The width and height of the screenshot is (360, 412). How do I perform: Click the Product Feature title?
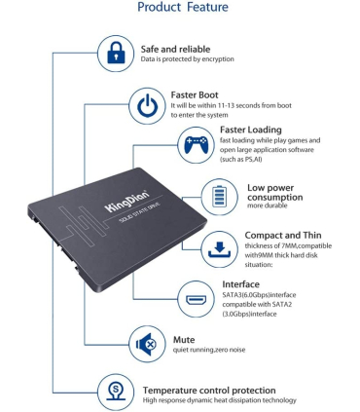[183, 8]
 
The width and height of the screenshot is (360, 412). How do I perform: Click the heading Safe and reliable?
[175, 48]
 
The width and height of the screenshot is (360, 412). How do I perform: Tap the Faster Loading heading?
[251, 130]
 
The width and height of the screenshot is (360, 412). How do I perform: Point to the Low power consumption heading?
[275, 192]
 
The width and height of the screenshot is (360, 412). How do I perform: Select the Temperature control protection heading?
[213, 389]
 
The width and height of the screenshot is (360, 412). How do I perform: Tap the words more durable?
[269, 206]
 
